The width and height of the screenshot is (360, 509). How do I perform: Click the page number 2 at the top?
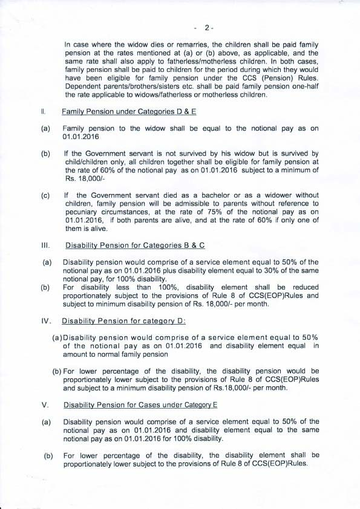pyautogui.click(x=207, y=27)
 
